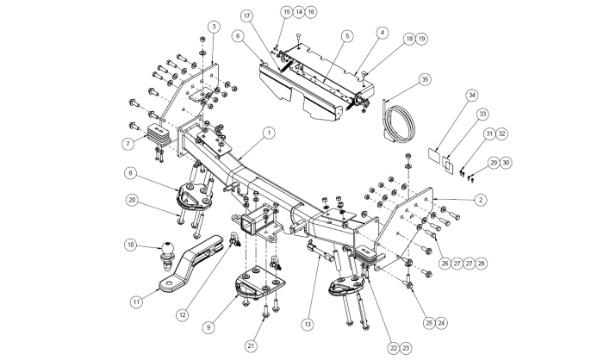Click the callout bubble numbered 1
click(x=269, y=133)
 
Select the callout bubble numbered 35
click(x=425, y=79)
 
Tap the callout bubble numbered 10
click(x=130, y=245)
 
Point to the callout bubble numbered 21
click(x=251, y=346)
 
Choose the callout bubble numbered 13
click(x=308, y=324)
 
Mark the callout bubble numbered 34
click(x=472, y=96)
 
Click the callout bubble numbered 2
click(x=481, y=200)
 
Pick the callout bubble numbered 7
click(x=128, y=144)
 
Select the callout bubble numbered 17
click(x=247, y=16)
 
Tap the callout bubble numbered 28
click(x=481, y=264)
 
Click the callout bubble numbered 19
click(x=421, y=39)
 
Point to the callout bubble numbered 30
click(x=506, y=163)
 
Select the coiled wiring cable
click(x=400, y=121)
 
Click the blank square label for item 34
click(x=434, y=154)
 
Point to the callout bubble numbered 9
click(x=208, y=327)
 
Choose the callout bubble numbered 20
click(x=132, y=200)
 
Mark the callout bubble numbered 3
click(x=214, y=27)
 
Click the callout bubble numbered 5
click(x=347, y=36)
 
